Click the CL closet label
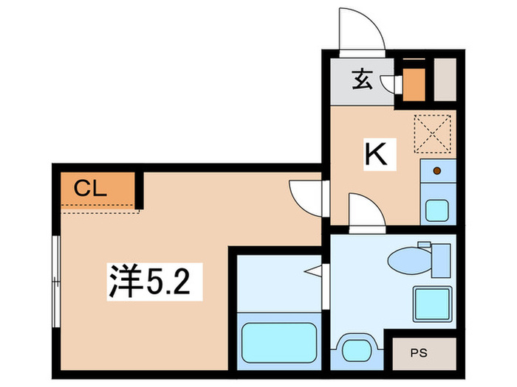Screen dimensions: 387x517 pos(91,188)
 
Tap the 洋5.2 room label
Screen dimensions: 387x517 pos(155,282)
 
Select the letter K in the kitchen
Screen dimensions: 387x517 pos(376,154)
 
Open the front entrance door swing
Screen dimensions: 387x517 pos(361,32)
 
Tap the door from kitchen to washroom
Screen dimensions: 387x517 pos(365,212)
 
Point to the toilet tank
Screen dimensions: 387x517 pos(440,258)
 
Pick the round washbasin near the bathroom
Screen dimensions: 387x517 pos(356,347)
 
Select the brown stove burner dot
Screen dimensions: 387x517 pos(437,171)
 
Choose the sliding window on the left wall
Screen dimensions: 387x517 pos(55,281)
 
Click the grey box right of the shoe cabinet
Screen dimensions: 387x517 pos(445,80)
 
